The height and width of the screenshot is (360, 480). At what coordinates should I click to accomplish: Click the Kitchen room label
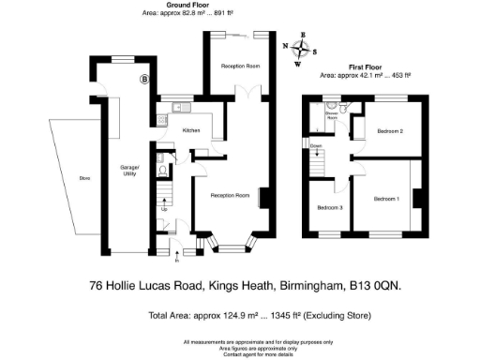(191, 130)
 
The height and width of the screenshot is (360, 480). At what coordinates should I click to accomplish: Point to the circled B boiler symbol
(144, 80)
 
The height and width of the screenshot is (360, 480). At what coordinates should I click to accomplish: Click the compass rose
(302, 51)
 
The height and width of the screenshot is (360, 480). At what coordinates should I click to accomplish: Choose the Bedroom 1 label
(386, 199)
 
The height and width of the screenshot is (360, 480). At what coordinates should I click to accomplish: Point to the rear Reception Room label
(240, 67)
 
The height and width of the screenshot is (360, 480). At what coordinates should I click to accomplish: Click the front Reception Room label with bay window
(229, 195)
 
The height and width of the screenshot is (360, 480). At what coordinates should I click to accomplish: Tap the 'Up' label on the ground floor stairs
(165, 208)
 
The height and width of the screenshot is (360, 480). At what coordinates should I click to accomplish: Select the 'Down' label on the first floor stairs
(318, 147)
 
